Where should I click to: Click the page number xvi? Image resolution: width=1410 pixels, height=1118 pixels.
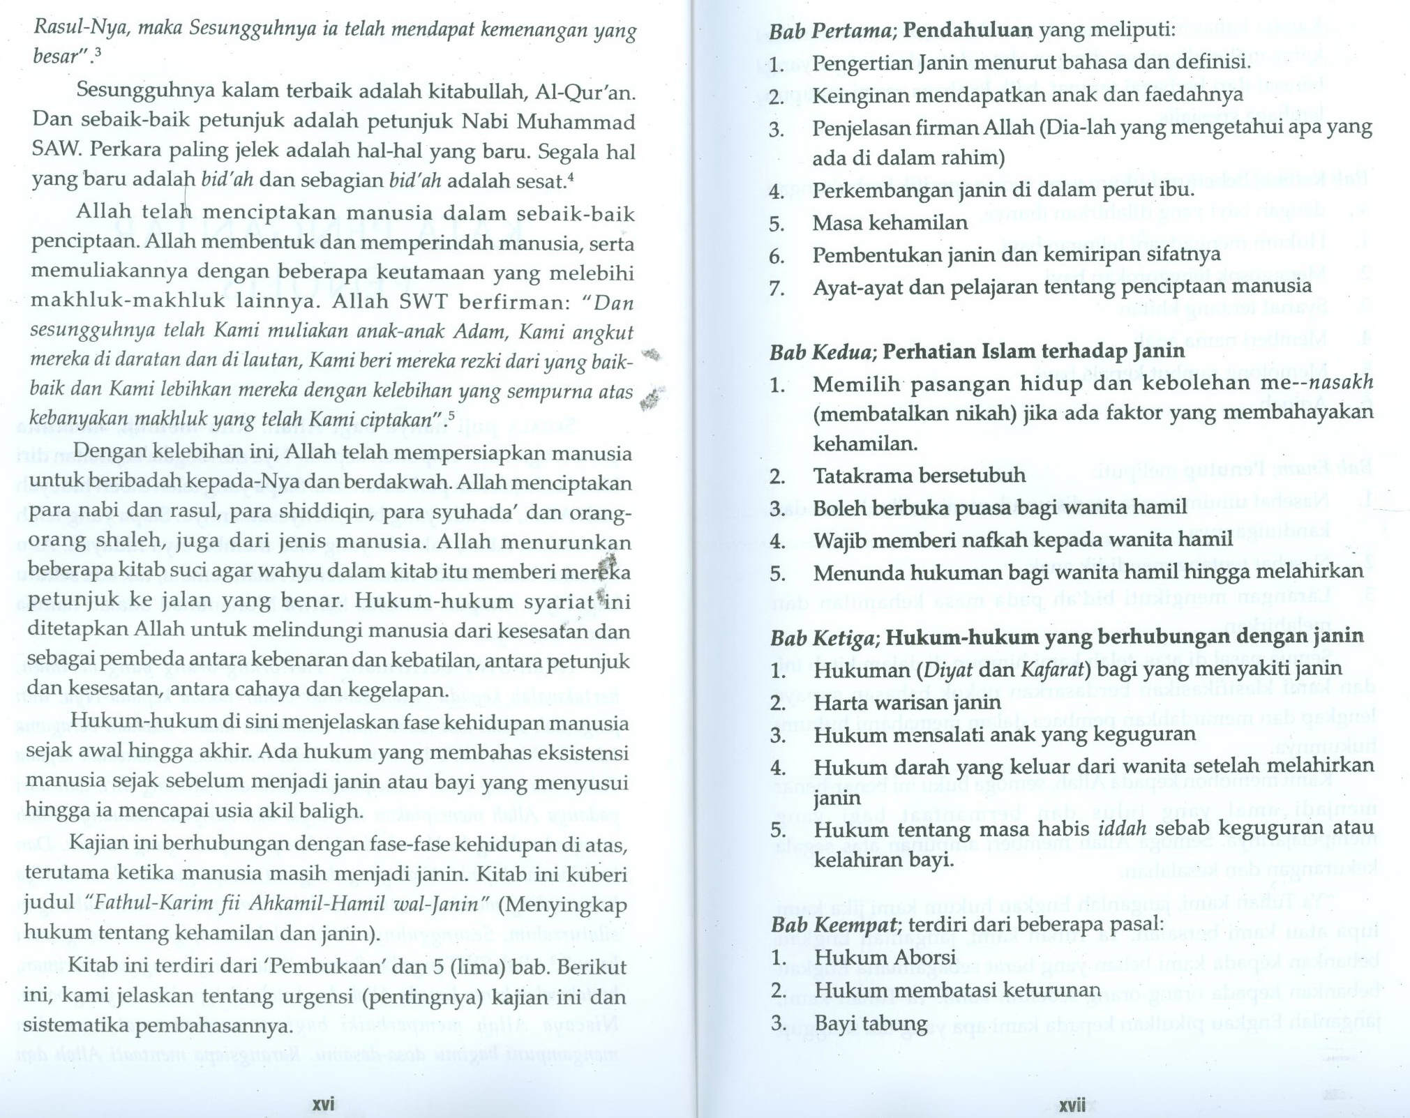pos(323,1104)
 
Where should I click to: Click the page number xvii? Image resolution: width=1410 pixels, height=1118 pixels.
pos(1072,1105)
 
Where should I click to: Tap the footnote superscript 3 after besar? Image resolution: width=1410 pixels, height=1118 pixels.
pos(98,52)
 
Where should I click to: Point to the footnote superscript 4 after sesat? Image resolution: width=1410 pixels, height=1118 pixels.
pos(571,176)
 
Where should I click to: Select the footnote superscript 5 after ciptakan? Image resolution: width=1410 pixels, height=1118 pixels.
pos(451,416)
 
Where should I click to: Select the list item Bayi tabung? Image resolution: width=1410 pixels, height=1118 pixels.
pos(871,1023)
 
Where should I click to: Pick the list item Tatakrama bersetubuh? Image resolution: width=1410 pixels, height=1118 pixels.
pos(919,476)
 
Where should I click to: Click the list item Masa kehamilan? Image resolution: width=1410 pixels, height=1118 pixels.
pos(890,222)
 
